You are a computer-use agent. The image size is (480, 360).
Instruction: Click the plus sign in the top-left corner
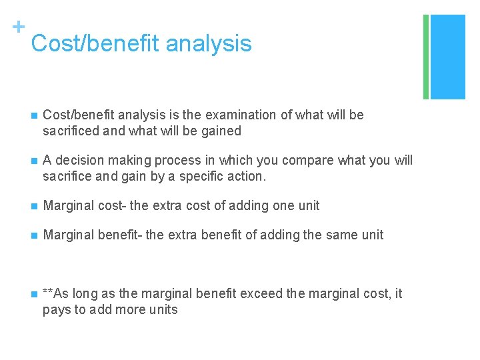click(x=18, y=27)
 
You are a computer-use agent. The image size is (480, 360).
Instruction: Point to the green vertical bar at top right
click(x=426, y=57)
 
